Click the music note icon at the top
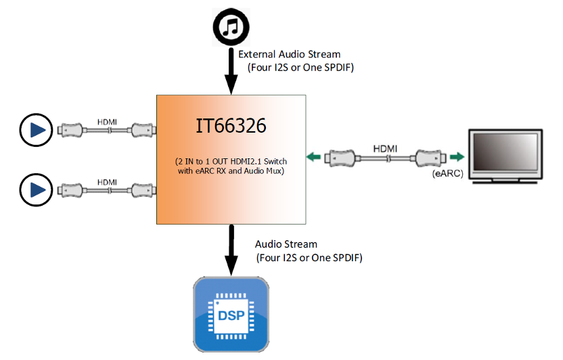click(x=231, y=26)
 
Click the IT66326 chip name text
click(x=231, y=126)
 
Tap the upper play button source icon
click(x=36, y=130)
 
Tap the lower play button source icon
click(x=36, y=189)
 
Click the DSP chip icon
click(x=231, y=314)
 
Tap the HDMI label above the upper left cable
click(x=106, y=122)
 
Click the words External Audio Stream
click(x=289, y=54)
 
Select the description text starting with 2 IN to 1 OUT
click(x=231, y=166)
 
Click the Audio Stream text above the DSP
click(x=286, y=244)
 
